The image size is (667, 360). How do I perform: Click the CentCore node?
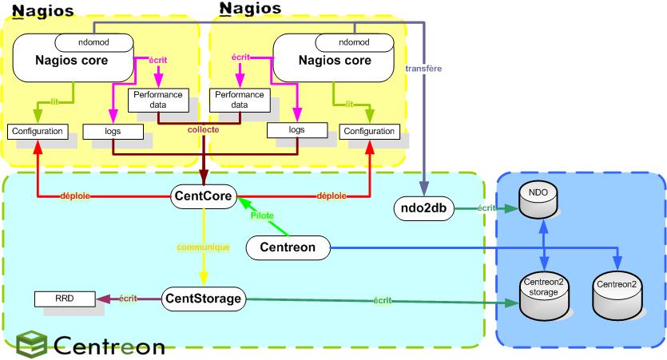tap(203, 195)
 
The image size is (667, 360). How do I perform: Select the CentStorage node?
tap(203, 299)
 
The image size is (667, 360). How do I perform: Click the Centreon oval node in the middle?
tap(288, 248)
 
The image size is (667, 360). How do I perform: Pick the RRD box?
tap(64, 299)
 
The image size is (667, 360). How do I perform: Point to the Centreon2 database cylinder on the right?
tap(617, 295)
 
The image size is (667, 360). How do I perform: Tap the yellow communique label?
tap(204, 247)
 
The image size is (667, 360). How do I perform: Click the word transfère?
tap(423, 68)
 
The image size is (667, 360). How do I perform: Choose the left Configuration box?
tap(37, 131)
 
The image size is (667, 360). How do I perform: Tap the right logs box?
tap(296, 130)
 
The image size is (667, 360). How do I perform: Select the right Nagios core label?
tap(334, 60)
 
